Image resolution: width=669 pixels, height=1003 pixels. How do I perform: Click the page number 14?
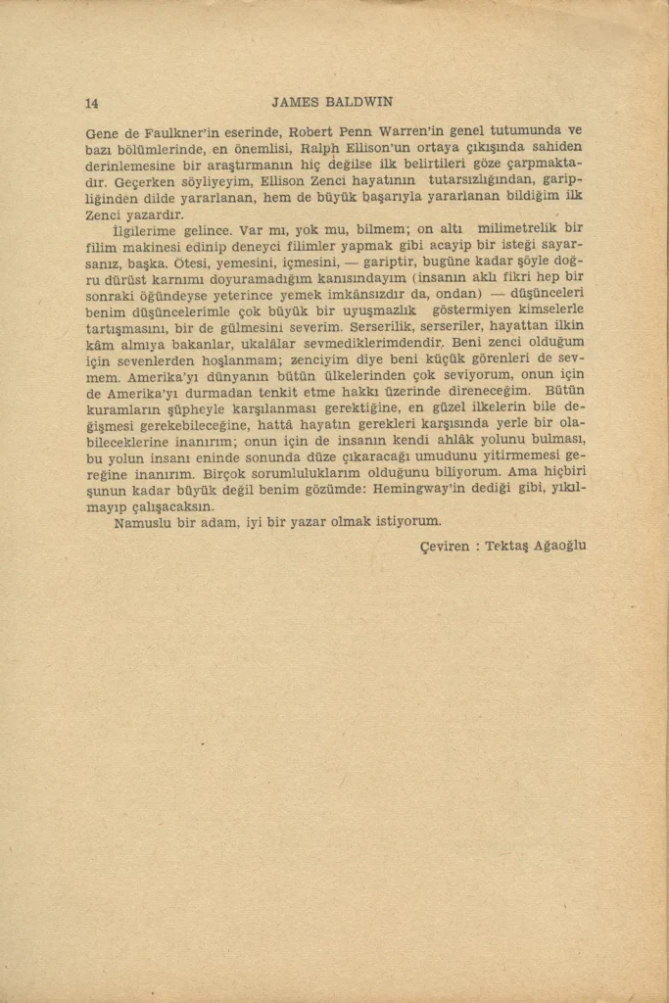(x=92, y=103)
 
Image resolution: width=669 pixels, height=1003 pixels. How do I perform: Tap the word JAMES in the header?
(x=294, y=102)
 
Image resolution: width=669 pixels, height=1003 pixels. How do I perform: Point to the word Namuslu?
(x=145, y=522)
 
